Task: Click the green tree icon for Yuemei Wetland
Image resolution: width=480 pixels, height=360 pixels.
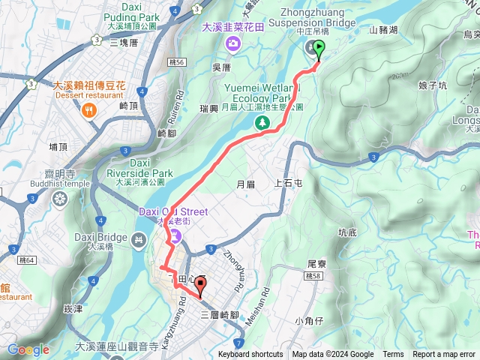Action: click(x=262, y=125)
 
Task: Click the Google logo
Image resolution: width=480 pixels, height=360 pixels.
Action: click(x=28, y=349)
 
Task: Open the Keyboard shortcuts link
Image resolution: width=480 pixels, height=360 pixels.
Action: click(x=250, y=355)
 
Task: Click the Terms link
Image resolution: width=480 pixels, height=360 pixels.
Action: click(x=393, y=355)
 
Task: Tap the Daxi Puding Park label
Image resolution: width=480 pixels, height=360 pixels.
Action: click(x=130, y=16)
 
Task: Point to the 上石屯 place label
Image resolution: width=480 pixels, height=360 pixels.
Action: click(x=289, y=182)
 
